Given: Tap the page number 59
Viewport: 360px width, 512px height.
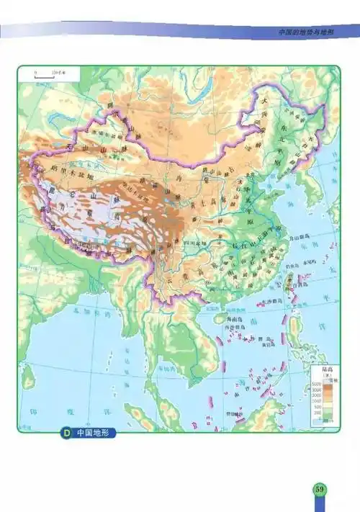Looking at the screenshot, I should click(320, 490).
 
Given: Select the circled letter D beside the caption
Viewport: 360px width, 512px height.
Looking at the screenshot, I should click(66, 434).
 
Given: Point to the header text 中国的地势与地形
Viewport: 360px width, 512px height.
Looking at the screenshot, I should click(305, 32).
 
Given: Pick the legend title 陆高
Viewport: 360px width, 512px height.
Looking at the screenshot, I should click(318, 371).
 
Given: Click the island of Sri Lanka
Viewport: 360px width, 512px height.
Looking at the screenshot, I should click(29, 375).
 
